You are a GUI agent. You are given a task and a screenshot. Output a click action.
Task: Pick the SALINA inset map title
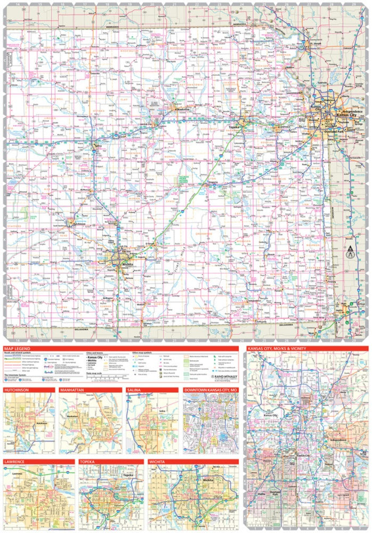[x=134, y=391]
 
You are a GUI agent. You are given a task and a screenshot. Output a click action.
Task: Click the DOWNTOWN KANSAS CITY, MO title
[x=211, y=391]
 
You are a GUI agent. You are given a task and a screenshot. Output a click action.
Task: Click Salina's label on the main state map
[x=98, y=145]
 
